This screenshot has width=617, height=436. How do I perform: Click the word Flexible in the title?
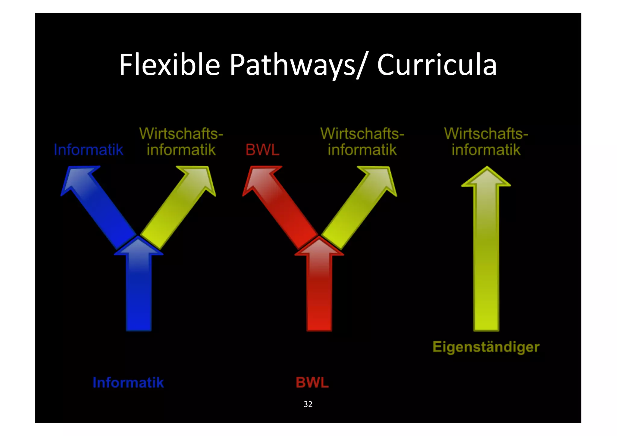[x=169, y=65]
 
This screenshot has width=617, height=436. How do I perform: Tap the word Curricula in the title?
[x=437, y=65]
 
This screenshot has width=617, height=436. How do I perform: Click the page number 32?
[x=308, y=404]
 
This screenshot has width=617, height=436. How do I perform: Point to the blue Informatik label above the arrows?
[x=89, y=150]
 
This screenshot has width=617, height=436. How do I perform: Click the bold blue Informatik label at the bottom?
[x=128, y=383]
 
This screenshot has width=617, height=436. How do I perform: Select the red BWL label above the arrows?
[x=262, y=150]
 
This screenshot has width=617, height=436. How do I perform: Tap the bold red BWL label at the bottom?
[x=312, y=383]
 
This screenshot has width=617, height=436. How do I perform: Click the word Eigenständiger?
[x=486, y=347]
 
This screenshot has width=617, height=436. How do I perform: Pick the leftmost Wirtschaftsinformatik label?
[x=181, y=142]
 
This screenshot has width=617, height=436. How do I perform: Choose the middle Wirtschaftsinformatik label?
[x=362, y=142]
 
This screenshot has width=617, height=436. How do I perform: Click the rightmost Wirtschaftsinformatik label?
[x=486, y=142]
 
